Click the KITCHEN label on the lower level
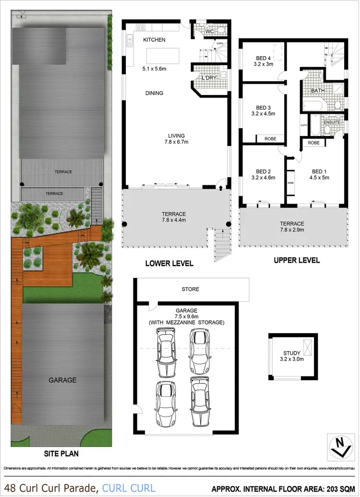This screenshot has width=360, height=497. [154, 40]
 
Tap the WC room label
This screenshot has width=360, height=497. [209, 32]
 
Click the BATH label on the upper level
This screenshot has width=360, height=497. [318, 91]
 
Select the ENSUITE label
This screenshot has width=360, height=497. [332, 122]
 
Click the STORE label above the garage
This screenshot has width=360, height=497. [190, 289]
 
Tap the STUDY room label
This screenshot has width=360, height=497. [288, 351]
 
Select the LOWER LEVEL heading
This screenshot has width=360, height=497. [169, 263]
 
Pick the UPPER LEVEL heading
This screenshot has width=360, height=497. [296, 260]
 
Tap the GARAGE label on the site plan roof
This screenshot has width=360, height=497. [62, 380]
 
